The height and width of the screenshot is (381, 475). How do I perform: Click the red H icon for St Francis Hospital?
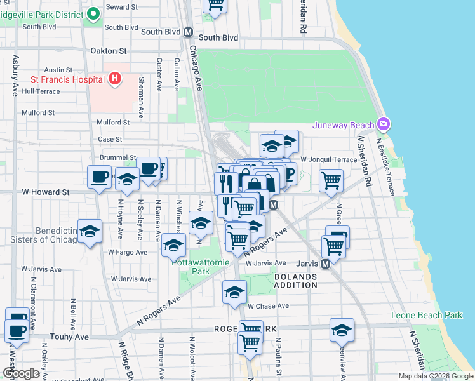pyautogui.click(x=114, y=79)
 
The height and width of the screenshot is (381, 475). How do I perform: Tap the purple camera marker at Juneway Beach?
pyautogui.click(x=382, y=123)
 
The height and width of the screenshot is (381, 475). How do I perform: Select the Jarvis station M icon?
pyautogui.click(x=325, y=263)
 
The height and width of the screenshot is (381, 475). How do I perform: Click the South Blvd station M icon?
pyautogui.click(x=188, y=32)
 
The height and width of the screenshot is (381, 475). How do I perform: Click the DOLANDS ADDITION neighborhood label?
pyautogui.click(x=296, y=281)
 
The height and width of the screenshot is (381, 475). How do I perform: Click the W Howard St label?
pyautogui.click(x=45, y=191)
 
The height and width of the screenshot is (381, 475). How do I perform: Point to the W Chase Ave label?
pyautogui.click(x=269, y=305)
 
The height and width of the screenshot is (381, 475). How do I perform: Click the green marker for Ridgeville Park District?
pyautogui.click(x=93, y=13)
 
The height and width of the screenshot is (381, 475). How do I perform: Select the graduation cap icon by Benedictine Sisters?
pyautogui.click(x=90, y=232)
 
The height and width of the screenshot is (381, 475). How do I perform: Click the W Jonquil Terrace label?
pyautogui.click(x=329, y=159)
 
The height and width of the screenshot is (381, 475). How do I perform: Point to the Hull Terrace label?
pyautogui.click(x=41, y=91)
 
